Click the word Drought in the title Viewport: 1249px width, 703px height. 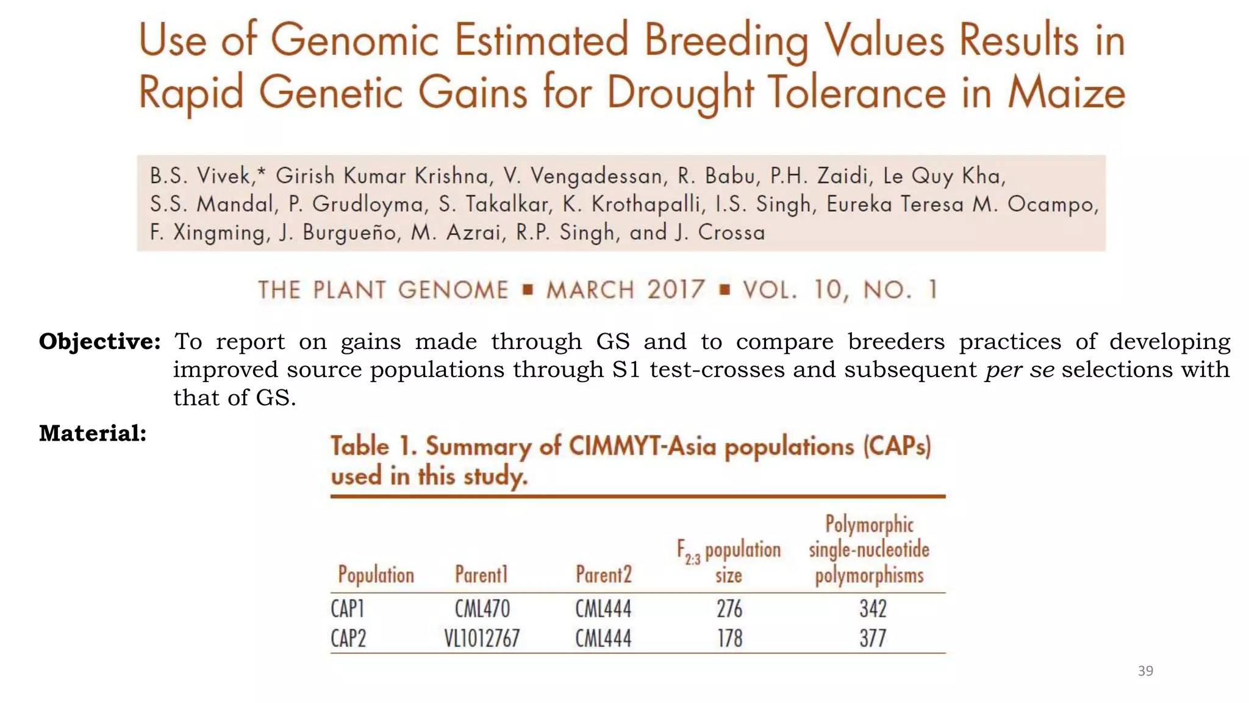681,93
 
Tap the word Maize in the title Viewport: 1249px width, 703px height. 1066,93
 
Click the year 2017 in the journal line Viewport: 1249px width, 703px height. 676,289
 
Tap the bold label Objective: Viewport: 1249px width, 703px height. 100,342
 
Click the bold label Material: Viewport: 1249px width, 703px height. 93,433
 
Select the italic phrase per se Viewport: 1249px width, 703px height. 1020,370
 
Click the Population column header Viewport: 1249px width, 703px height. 376,575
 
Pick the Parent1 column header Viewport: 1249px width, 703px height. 481,575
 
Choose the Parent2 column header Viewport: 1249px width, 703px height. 603,575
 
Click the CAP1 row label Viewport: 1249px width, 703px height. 348,608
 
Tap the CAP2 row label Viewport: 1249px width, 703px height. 348,638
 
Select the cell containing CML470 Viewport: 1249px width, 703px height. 482,608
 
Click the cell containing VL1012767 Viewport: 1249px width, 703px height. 482,638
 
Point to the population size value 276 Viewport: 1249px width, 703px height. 729,608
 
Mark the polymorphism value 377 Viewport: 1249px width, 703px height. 873,638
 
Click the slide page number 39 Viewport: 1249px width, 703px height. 1145,671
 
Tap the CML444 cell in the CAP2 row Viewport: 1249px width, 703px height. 603,638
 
